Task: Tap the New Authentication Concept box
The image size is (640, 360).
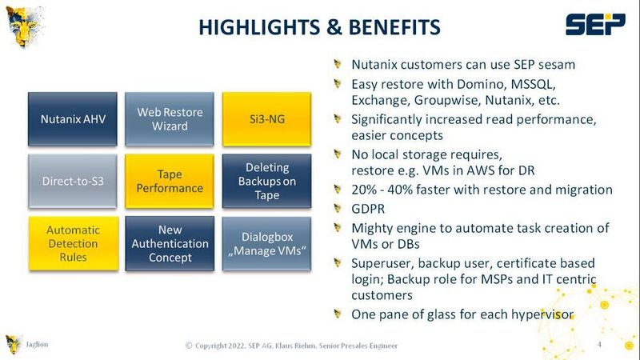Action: pyautogui.click(x=170, y=243)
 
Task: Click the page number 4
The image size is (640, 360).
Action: pyautogui.click(x=600, y=345)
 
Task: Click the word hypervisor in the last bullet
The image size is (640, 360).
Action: pyautogui.click(x=538, y=314)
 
